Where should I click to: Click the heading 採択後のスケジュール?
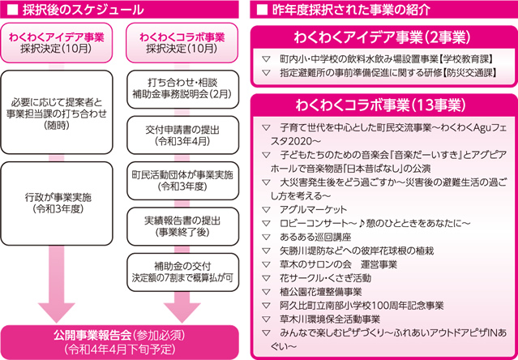83,10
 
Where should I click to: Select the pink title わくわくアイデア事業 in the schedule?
56,37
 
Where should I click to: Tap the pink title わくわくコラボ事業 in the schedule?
182,37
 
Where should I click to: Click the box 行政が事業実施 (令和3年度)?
57,204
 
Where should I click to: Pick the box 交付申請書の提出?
182,136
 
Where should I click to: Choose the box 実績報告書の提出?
182,227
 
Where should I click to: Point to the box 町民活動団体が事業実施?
182,181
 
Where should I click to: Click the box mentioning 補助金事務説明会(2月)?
182,89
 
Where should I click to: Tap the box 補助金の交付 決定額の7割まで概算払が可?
182,272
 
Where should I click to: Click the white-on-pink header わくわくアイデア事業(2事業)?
384,39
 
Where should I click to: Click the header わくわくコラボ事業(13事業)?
384,105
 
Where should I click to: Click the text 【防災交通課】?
469,73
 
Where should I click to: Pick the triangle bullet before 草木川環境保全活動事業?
266,319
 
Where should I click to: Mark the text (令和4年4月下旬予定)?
119,349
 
